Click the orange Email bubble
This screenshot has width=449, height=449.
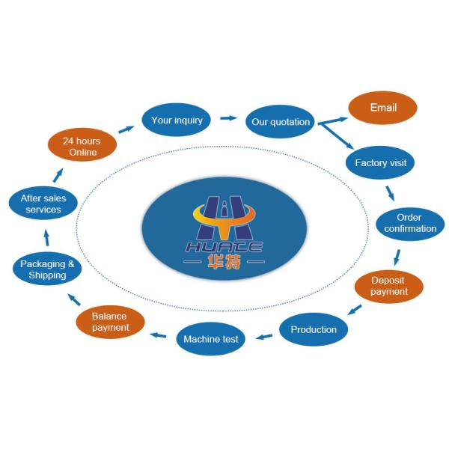382,108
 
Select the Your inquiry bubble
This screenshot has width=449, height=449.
177,120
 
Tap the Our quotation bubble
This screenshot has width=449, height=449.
280,122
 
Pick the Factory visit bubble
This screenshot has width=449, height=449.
380,162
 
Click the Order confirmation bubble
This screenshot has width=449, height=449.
410,223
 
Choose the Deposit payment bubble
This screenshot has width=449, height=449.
388,286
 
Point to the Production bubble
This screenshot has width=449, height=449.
314,329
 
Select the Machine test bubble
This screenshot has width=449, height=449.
211,339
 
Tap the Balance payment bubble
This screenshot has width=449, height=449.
111,322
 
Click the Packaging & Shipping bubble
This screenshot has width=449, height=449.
47,269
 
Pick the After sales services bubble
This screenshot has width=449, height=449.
43,204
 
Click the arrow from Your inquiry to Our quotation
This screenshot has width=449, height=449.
228,118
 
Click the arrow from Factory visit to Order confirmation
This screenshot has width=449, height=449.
390,192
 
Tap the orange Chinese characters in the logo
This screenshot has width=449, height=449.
224,263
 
